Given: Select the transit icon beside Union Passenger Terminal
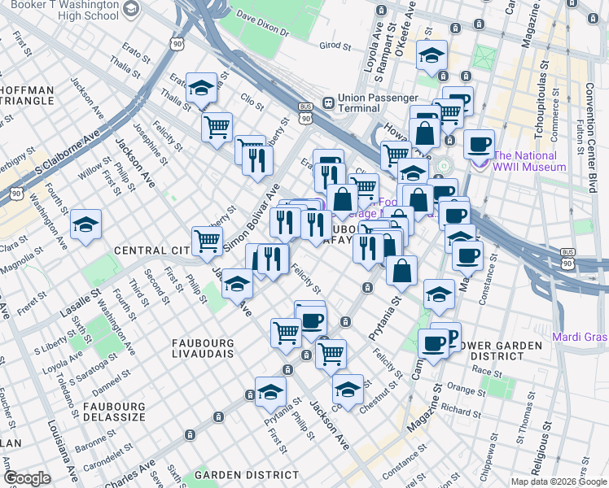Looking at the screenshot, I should tap(328, 102).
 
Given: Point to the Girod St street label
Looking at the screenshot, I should tap(335, 46).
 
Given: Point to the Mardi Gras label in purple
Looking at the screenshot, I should tap(579, 337).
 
